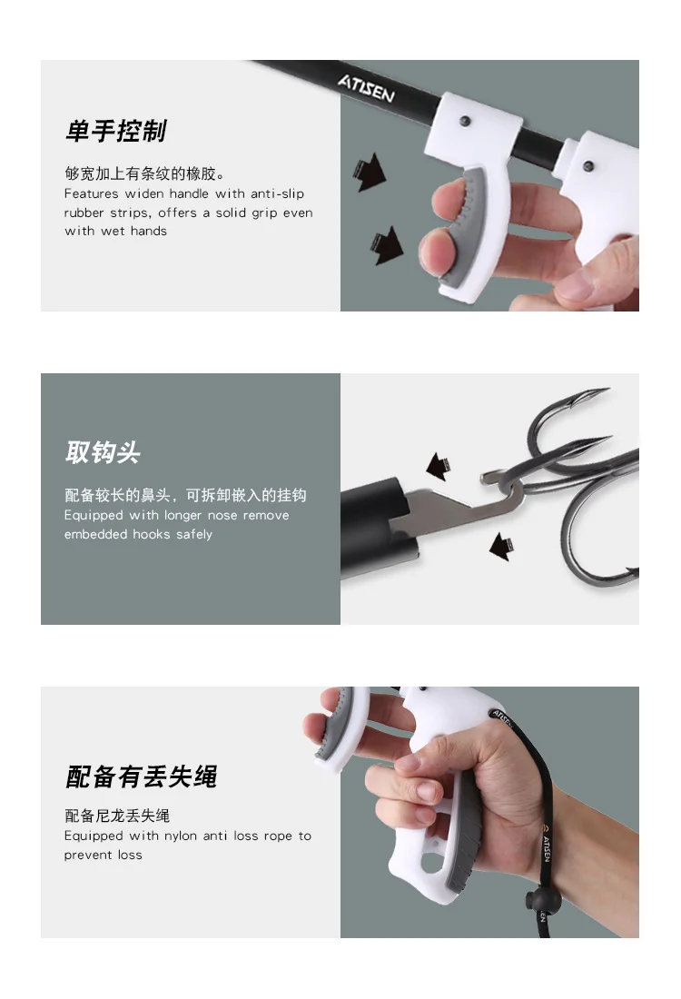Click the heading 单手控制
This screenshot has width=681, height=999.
pos(115,132)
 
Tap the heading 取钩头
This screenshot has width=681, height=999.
pos(103,452)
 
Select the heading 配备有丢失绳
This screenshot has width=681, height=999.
pos(142,776)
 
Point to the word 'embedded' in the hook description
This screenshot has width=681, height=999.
pos(88,534)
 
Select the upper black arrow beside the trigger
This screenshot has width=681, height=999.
pos(370,172)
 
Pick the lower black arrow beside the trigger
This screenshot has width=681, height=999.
pos(388,245)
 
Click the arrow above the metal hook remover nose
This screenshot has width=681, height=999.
pos(439,467)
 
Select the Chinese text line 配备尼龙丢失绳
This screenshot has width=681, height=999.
pos(117,816)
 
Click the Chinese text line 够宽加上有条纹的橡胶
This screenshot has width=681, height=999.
pos(144,173)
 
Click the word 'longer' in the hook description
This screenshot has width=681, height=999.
pos(183,516)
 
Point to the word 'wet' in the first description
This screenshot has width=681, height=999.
pos(113,232)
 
